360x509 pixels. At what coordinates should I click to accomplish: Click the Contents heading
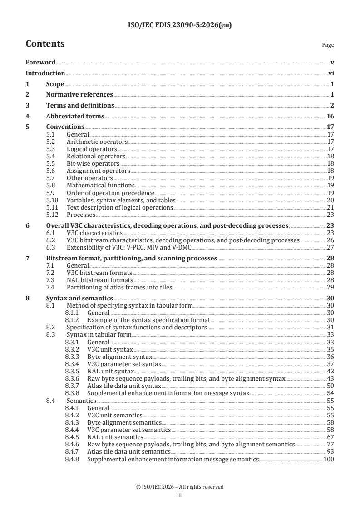(x=45, y=44)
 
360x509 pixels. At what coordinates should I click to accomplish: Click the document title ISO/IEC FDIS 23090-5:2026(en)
(x=180, y=26)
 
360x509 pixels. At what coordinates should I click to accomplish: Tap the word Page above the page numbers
(x=328, y=45)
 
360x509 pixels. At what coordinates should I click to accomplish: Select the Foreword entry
(x=40, y=62)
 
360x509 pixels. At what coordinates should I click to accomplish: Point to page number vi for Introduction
(x=331, y=73)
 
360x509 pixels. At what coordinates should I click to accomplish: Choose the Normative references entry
(x=79, y=95)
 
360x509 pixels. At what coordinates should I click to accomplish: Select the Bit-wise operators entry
(x=93, y=163)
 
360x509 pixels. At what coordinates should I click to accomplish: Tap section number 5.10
(x=52, y=200)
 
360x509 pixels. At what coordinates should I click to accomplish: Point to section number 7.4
(x=51, y=287)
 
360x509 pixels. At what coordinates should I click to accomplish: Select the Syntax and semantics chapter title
(x=79, y=298)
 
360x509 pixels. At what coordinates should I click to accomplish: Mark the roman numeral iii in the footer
(x=180, y=495)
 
